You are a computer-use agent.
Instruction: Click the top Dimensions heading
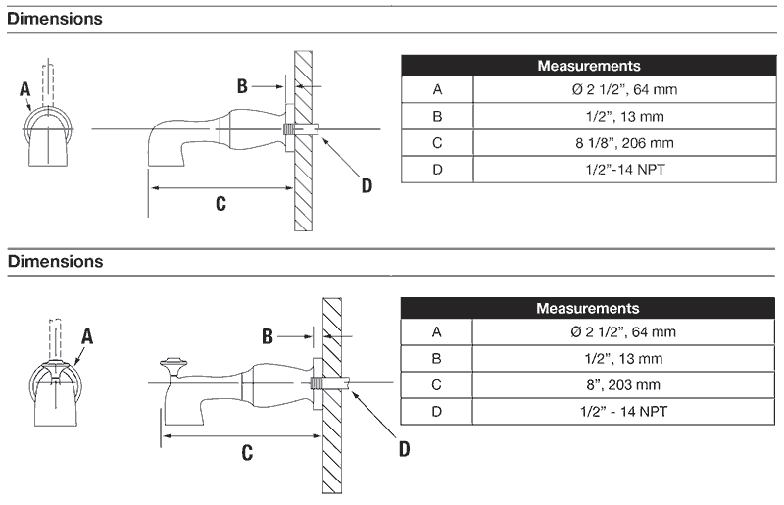coord(54,18)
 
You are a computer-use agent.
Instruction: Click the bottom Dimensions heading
coord(54,262)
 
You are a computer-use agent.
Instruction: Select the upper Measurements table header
coord(589,66)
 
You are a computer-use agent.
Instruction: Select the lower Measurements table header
coord(588,308)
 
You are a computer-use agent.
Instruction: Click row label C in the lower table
coord(437,384)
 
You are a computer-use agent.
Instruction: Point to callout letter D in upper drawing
coord(366,183)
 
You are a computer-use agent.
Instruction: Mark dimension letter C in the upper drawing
coord(220,203)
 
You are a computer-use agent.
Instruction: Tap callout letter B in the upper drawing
coord(242,86)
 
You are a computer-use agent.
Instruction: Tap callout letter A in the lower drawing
coord(87,335)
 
